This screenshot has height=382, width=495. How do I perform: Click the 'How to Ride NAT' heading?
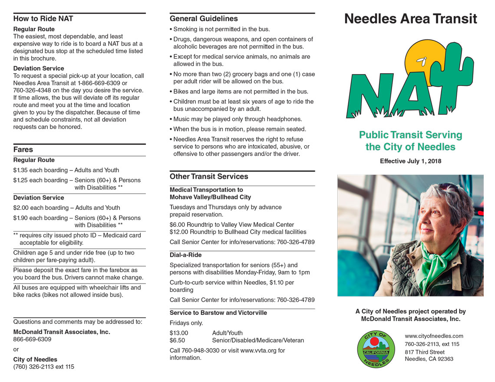pos(43,19)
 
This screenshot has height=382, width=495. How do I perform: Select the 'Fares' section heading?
pos(23,150)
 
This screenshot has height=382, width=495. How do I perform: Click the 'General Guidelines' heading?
pos(204,19)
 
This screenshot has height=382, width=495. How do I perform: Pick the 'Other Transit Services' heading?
pos(209,176)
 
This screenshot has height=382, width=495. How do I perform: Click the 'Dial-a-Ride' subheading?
pos(185,255)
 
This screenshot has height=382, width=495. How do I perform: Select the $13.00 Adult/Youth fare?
pos(179,333)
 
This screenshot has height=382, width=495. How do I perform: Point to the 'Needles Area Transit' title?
pos(410,19)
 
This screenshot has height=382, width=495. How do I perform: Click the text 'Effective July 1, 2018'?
pos(410,161)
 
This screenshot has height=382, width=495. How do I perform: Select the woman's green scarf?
pos(439,260)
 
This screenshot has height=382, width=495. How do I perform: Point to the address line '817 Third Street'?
pos(424,352)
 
